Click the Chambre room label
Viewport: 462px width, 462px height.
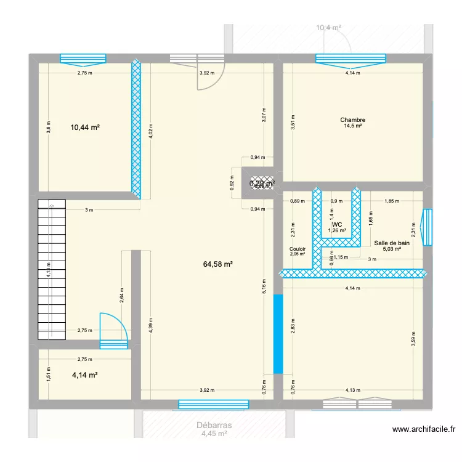(352, 120)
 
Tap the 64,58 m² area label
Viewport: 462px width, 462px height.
(219, 264)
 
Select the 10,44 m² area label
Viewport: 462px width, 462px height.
(85, 128)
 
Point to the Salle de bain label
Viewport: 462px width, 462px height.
(387, 243)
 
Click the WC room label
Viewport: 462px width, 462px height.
(337, 224)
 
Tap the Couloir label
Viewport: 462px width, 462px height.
(298, 248)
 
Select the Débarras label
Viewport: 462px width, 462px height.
(214, 425)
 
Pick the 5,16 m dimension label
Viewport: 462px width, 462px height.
(263, 285)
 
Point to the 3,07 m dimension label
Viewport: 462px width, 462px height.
(263, 115)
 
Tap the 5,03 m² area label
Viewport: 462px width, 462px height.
(387, 249)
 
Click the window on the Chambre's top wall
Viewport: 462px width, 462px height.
(351, 59)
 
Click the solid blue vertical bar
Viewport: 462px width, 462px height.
(278, 333)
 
